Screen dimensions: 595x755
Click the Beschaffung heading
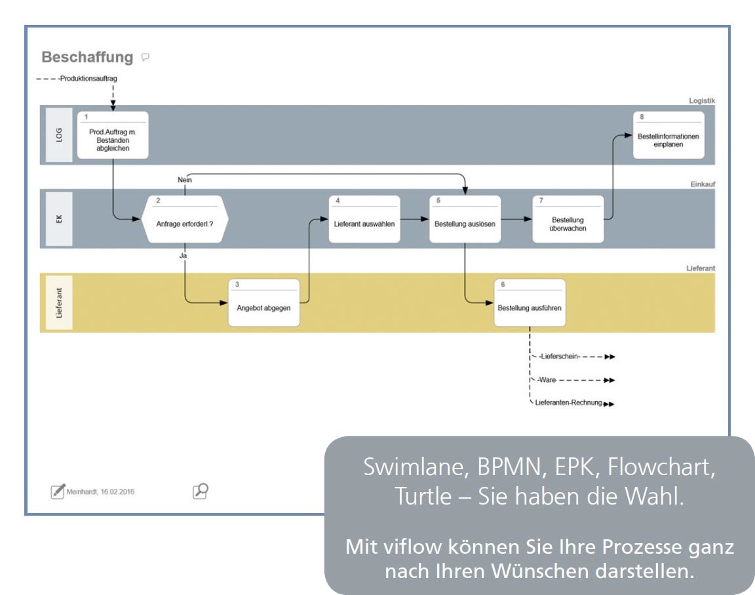pos(87,58)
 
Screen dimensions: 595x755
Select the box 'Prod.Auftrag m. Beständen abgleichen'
pos(113,135)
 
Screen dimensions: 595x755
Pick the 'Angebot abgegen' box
pos(263,303)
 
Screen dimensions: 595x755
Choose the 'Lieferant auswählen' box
pos(364,220)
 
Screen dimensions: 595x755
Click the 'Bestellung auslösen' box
pos(465,220)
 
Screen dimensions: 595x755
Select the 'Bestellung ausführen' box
pos(530,303)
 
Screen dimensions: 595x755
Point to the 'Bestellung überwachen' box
pos(568,220)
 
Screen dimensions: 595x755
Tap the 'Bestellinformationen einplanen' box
pos(668,136)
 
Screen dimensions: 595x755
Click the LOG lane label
pos(59,135)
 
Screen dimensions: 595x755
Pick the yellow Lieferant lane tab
pos(59,303)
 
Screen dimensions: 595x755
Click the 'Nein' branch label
pos(184,179)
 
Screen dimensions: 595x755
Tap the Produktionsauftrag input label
pos(88,79)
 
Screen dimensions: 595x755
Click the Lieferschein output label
pos(559,356)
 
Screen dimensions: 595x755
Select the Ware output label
pos(547,380)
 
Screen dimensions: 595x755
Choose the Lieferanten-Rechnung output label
pos(568,403)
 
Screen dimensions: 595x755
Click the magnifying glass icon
pos(200,491)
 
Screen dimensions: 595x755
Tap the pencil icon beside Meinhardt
pos(58,491)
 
